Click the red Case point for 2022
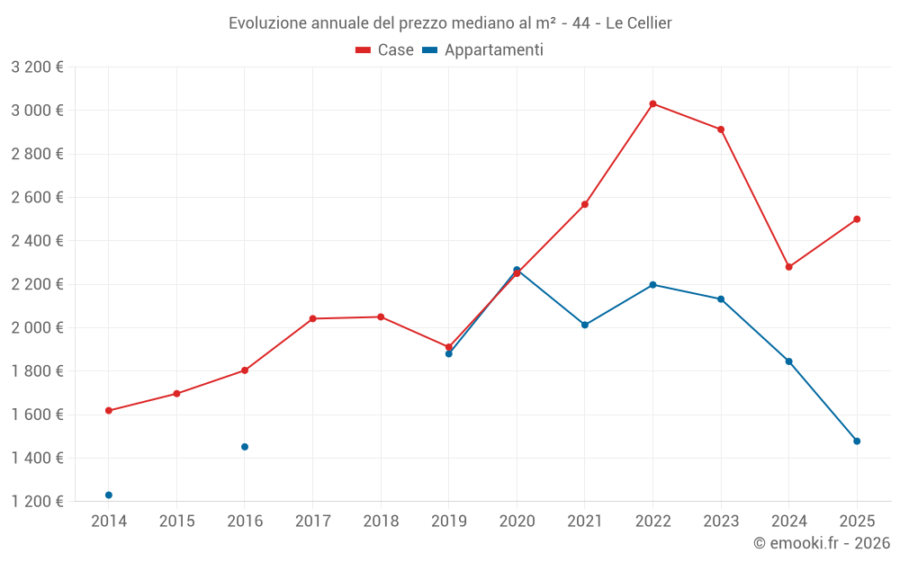[652, 103]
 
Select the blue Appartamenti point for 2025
[857, 441]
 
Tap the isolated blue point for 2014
[109, 495]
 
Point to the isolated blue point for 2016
[245, 447]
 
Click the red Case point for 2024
[789, 267]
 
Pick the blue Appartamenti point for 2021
[585, 325]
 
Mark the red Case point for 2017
[312, 318]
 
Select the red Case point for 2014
[109, 411]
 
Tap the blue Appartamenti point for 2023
[721, 299]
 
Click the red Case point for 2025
[857, 219]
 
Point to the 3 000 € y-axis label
[37, 111]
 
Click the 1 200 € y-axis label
[37, 502]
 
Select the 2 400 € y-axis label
[37, 241]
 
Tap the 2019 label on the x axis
[448, 521]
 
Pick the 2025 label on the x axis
[857, 521]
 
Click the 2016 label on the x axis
[245, 521]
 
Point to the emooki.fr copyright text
[822, 543]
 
